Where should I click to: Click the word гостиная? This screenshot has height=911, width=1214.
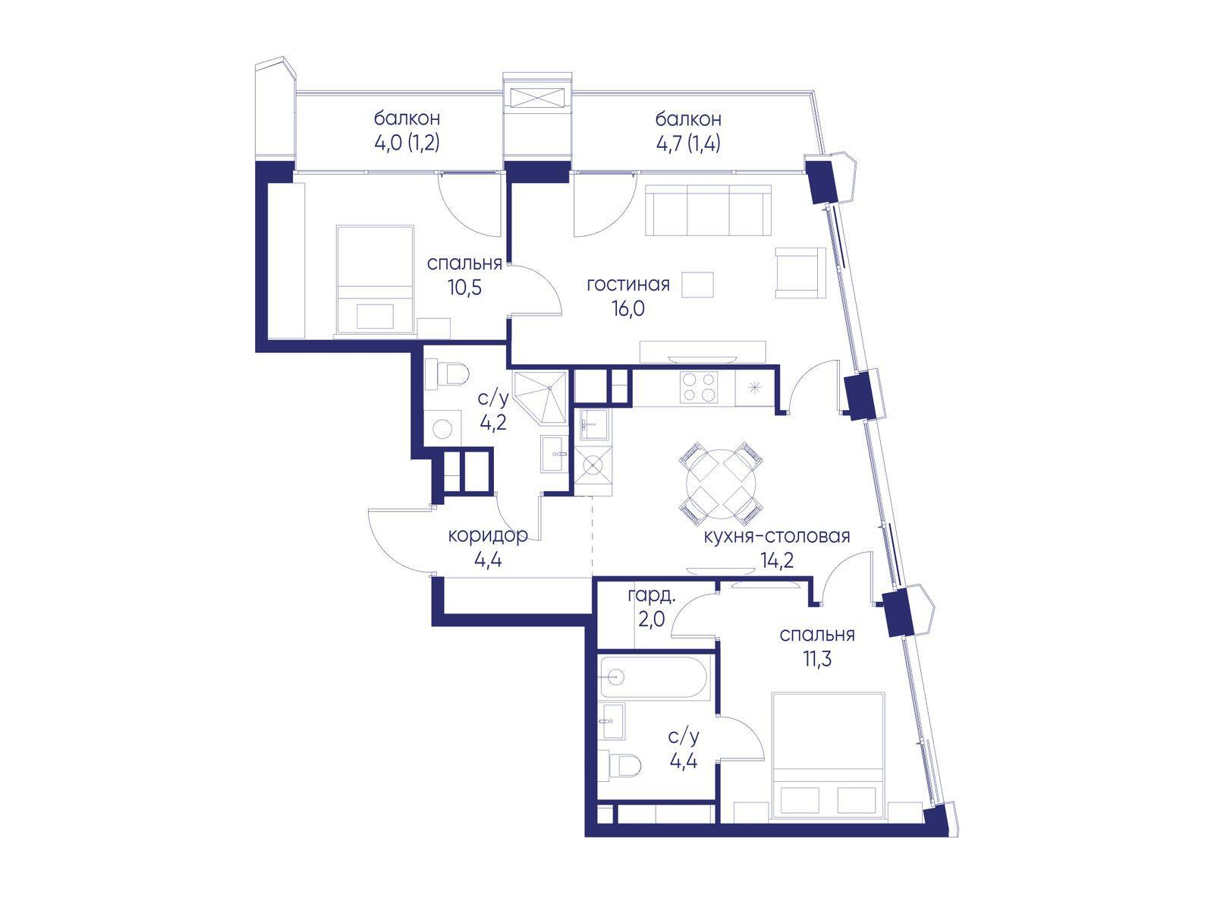point(627,285)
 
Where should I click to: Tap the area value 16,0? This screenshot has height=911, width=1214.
point(628,309)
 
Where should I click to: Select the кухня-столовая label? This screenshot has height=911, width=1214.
point(776,536)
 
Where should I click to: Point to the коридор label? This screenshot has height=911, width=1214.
point(488,536)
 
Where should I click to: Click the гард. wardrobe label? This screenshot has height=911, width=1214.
point(652,597)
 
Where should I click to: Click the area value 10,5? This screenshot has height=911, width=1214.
point(465,288)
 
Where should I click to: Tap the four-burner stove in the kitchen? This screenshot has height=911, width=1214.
point(699,387)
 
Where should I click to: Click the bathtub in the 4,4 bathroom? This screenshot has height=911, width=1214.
point(653,676)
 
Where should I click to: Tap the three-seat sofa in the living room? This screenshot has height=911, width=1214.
point(708,210)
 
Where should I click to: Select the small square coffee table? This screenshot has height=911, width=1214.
point(697,285)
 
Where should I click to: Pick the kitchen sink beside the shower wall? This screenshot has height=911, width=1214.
point(593,426)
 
